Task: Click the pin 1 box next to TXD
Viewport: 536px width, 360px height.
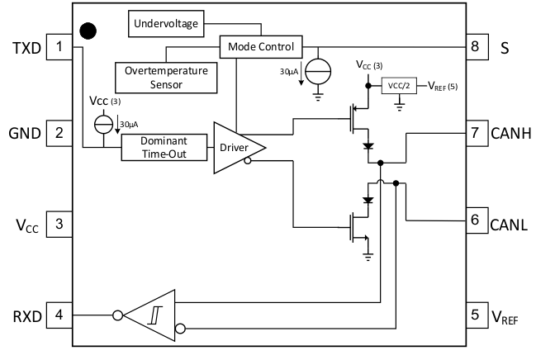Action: (59, 47)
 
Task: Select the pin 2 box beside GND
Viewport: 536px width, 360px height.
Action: (59, 132)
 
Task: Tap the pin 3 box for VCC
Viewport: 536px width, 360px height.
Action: (59, 223)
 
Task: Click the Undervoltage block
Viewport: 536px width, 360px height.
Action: (166, 25)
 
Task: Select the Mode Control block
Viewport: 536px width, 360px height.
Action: (261, 47)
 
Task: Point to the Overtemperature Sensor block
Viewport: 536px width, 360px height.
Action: (166, 77)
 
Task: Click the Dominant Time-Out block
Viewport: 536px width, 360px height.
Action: (164, 147)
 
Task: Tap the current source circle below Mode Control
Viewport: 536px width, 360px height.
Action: (317, 69)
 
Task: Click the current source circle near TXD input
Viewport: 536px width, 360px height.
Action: (104, 124)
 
